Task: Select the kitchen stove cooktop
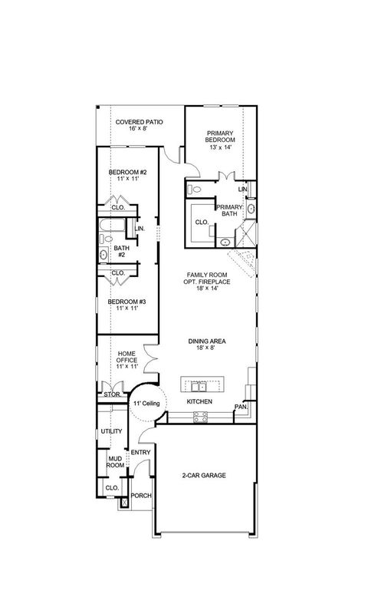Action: click(x=201, y=417)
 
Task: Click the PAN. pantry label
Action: click(x=240, y=407)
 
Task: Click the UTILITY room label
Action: click(x=111, y=431)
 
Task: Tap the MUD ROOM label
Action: click(x=115, y=462)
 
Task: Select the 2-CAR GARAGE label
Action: click(x=204, y=475)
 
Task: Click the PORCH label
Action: click(x=141, y=495)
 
